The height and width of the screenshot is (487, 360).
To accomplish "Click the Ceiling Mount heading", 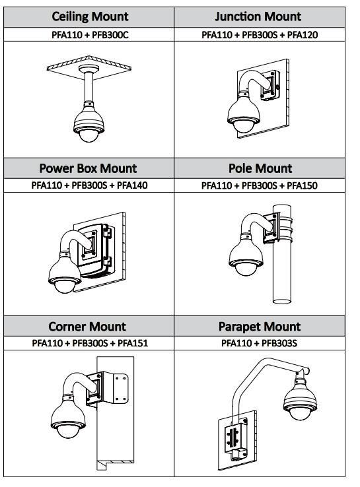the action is (x=90, y=16).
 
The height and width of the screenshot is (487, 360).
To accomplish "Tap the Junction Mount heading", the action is (x=258, y=16).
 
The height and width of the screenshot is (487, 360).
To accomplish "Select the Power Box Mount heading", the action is (x=88, y=168).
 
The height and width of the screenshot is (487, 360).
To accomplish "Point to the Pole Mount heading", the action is (x=260, y=168).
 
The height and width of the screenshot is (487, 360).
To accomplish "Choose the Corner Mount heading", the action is (x=87, y=327).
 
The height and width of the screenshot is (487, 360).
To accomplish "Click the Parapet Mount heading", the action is (x=260, y=327).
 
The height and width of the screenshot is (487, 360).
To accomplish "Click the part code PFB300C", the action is (x=110, y=34).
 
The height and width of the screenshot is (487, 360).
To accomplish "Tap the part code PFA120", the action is (x=302, y=34).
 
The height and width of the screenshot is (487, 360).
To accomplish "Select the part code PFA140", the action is (x=132, y=185).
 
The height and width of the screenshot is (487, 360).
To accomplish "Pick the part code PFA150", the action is (x=302, y=185).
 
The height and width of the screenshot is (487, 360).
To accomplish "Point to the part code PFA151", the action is (x=133, y=343).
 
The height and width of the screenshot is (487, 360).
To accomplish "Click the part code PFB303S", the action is (x=279, y=343).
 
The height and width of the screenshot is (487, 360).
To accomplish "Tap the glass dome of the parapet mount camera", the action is (x=300, y=413).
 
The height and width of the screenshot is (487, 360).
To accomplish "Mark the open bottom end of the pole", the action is (x=282, y=301).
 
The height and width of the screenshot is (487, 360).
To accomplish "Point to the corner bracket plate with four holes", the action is (x=121, y=388).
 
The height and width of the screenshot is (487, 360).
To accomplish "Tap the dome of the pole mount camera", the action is (x=246, y=269).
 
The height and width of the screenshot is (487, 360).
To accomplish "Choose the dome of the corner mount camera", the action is (x=68, y=431).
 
